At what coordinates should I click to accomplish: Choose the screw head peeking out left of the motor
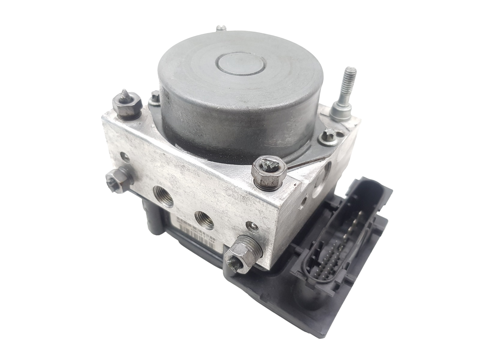(x=155, y=97)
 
